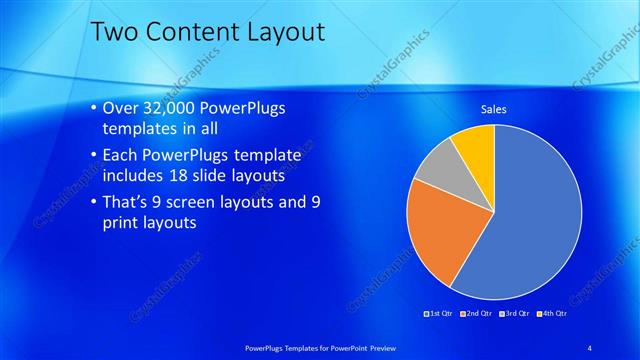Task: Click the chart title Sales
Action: click(x=493, y=108)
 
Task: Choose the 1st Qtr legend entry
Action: click(x=440, y=314)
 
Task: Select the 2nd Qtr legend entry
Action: click(x=477, y=314)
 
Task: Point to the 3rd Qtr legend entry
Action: click(x=514, y=314)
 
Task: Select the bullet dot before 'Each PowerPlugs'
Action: click(x=93, y=155)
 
